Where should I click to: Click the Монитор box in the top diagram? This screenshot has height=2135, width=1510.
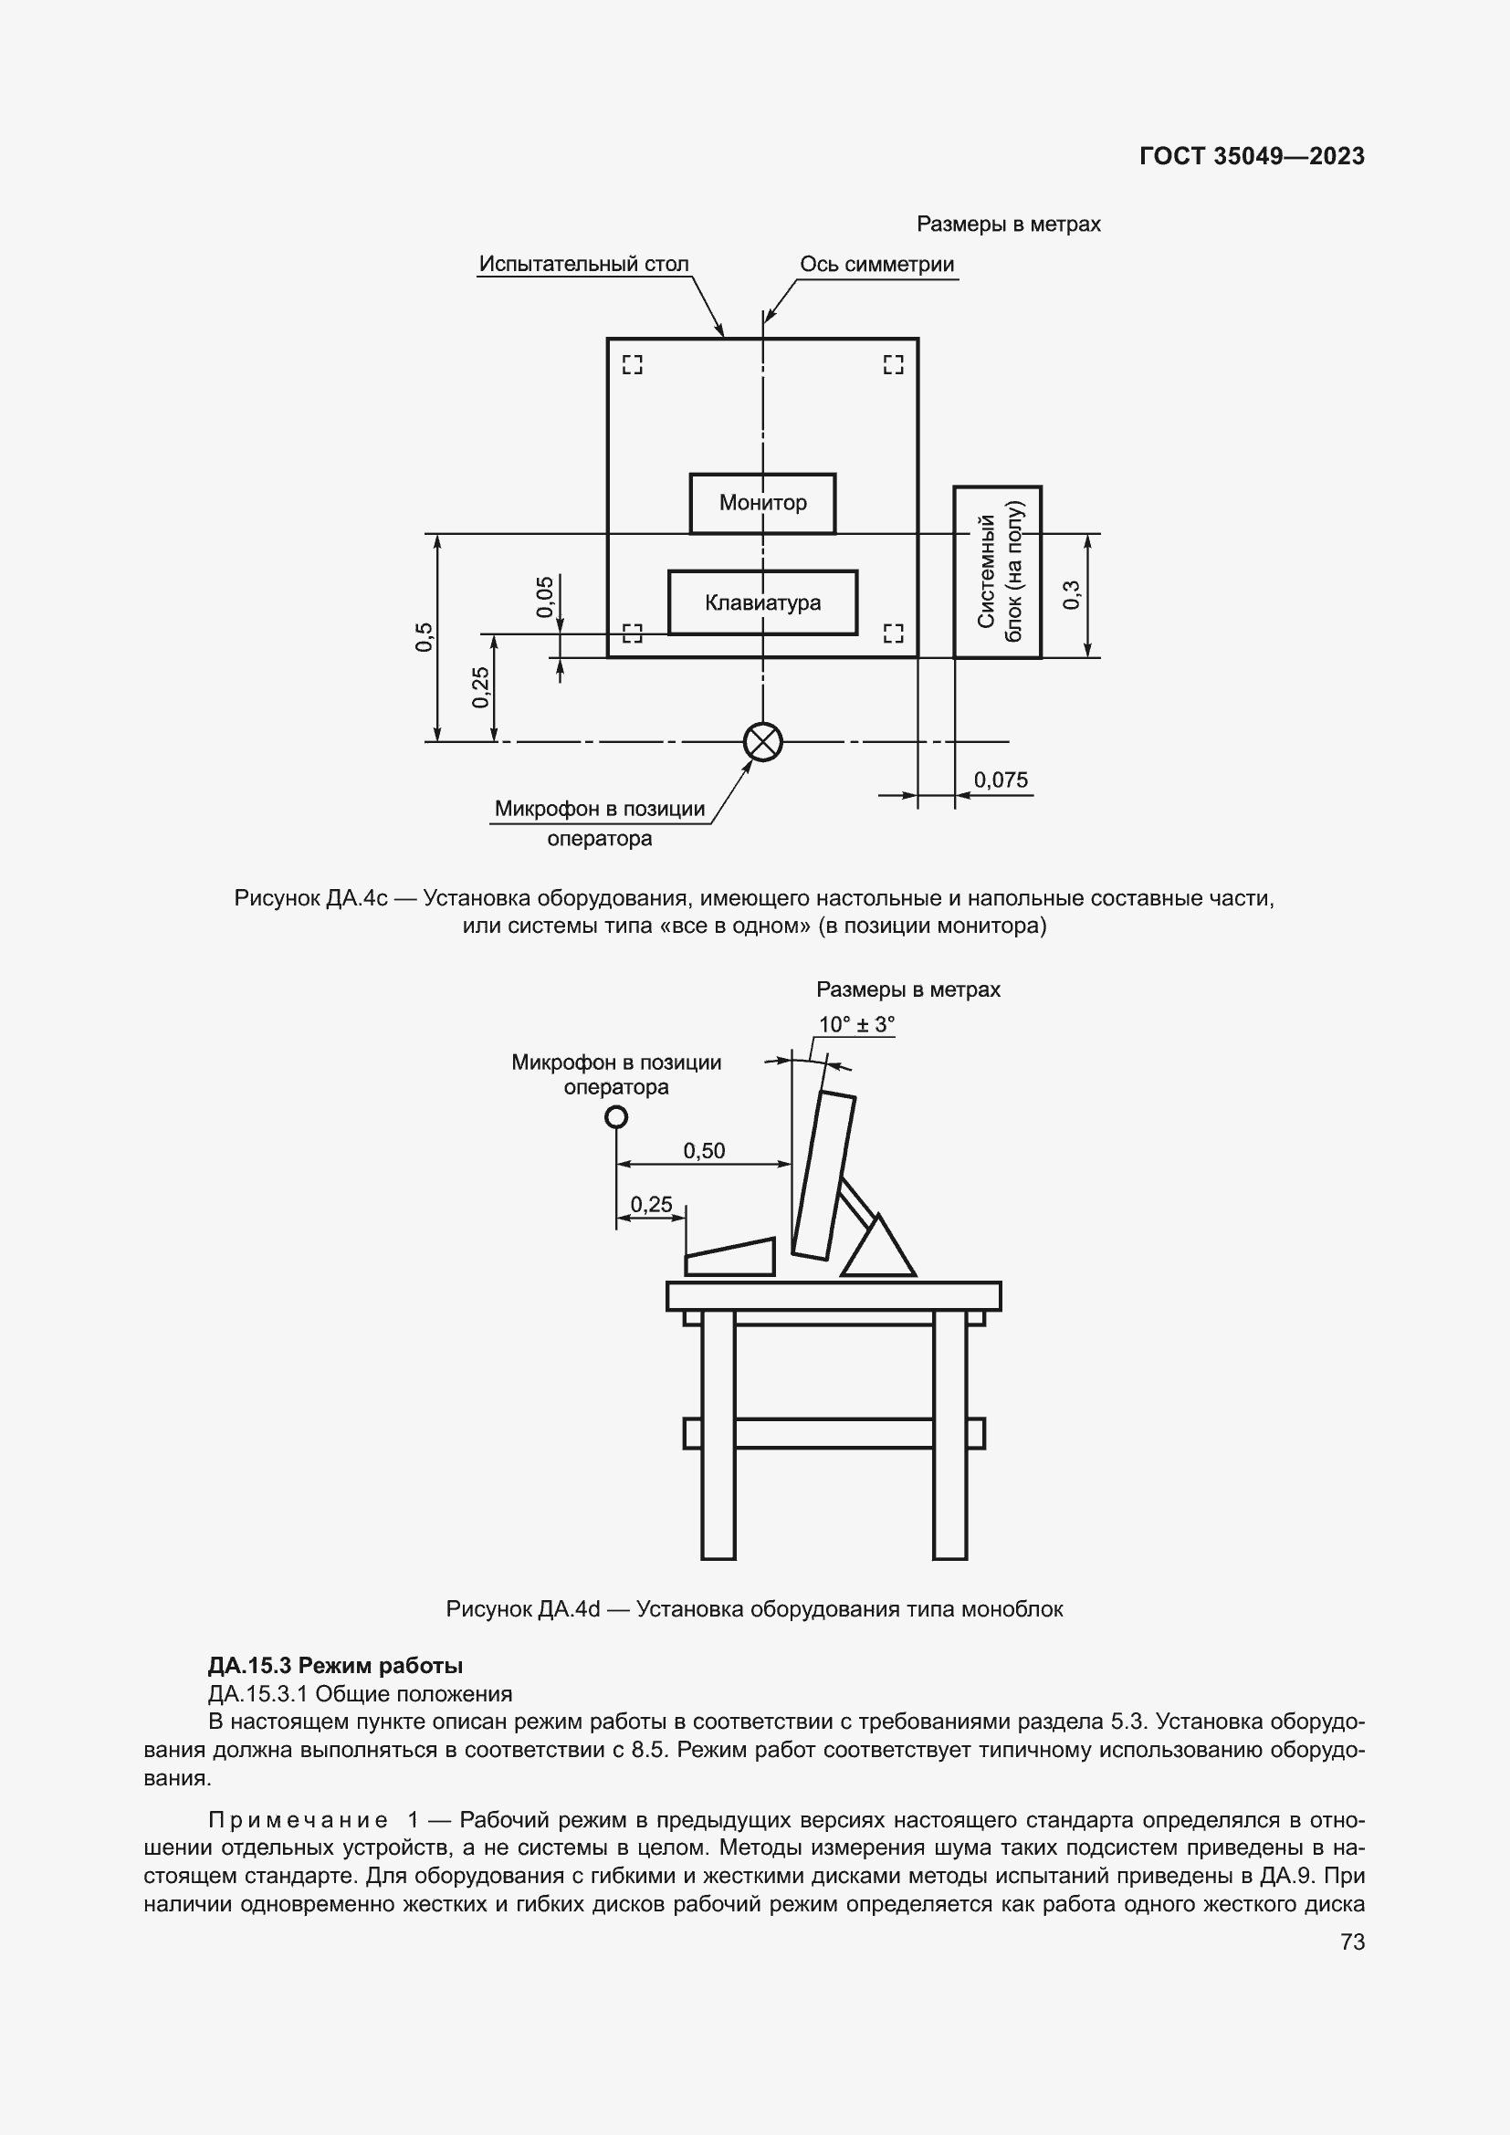pos(762,503)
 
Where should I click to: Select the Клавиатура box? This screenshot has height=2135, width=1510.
pos(762,602)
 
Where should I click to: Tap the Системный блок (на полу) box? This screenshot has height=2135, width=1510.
pos(998,572)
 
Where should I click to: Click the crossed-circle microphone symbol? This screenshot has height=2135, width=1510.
pos(763,742)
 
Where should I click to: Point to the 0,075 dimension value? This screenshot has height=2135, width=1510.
pos(1001,780)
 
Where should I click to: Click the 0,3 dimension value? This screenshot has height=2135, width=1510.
pos(1071,595)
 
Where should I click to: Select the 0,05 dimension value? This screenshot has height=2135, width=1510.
pos(545,596)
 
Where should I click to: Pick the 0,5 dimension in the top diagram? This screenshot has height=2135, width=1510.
pos(424,637)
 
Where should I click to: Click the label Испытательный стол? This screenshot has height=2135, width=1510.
pos(584,264)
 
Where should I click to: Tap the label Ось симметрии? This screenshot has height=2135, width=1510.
pos(876,264)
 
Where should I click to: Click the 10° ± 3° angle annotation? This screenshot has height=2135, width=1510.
pos(855,1025)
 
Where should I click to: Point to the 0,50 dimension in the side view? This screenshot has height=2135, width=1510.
pos(704,1151)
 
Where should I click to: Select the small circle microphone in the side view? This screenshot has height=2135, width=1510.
pos(615,1116)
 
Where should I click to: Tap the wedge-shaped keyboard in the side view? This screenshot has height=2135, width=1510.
pos(731,1258)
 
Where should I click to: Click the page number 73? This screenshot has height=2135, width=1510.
pos(1353,1941)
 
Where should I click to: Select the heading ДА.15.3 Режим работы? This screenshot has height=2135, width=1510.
pos(335,1666)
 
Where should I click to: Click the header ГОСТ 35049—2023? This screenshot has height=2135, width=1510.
pos(1252,156)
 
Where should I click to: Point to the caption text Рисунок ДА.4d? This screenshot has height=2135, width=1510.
pos(522,1609)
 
